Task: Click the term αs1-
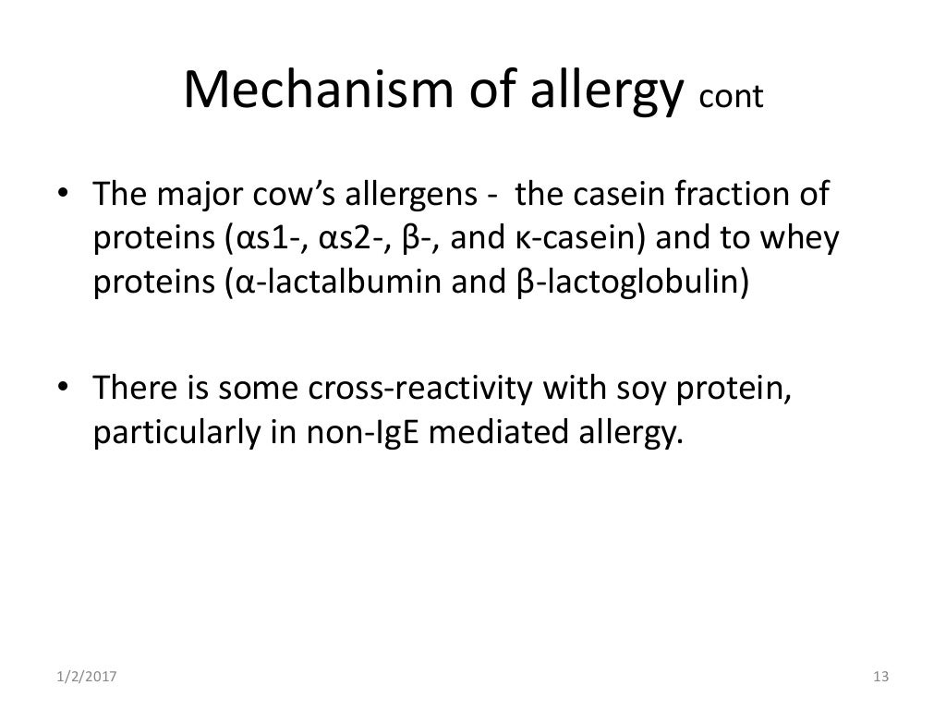click(270, 238)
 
